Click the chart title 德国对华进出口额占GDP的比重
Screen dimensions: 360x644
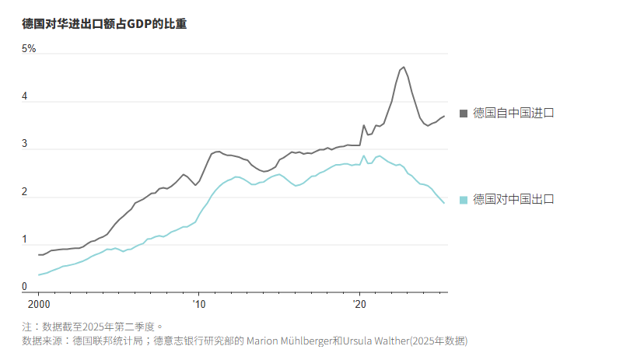104,24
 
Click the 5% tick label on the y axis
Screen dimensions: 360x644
29,49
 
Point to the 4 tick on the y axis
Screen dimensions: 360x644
25,97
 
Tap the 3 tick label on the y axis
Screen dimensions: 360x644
25,145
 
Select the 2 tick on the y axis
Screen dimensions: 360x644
25,192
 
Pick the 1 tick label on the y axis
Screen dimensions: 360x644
25,239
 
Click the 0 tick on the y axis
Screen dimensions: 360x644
25,287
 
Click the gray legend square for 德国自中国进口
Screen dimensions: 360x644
464,114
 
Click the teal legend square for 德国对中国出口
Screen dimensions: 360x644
464,200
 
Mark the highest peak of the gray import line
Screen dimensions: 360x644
403,67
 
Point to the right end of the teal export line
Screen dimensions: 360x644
444,203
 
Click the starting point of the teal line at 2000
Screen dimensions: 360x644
38,274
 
